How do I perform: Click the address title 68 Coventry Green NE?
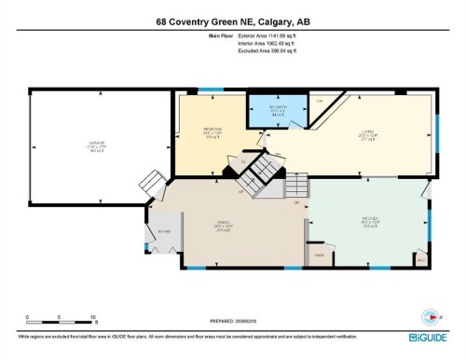coord(233,21)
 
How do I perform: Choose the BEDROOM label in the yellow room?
coord(214,131)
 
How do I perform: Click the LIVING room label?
coord(370,132)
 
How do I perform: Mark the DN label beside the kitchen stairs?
coord(296,201)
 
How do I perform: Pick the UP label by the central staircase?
coord(240,192)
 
